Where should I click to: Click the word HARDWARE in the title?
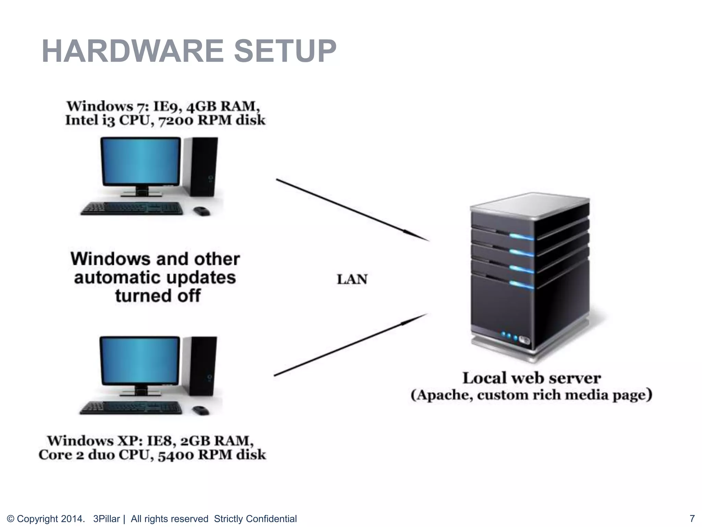pyautogui.click(x=132, y=51)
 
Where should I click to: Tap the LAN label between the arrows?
pyautogui.click(x=352, y=280)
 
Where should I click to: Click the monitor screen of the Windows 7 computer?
pyautogui.click(x=141, y=161)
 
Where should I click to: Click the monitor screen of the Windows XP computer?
pyautogui.click(x=140, y=361)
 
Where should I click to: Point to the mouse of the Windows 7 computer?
pyautogui.click(x=202, y=210)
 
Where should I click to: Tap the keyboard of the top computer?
pyautogui.click(x=132, y=208)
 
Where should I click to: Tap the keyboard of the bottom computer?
pyautogui.click(x=131, y=408)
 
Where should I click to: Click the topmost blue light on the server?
pyautogui.click(x=521, y=236)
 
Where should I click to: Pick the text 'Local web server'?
pyautogui.click(x=531, y=378)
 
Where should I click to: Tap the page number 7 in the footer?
pyautogui.click(x=692, y=518)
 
